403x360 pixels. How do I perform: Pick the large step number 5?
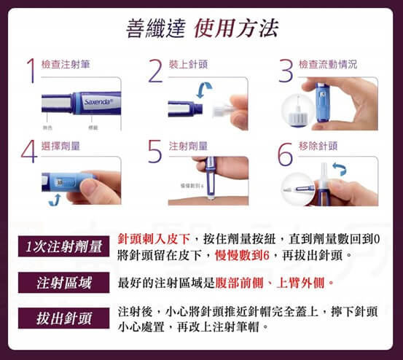(154, 152)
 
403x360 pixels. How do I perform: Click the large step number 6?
(286, 152)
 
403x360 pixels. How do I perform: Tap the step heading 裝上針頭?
(188, 65)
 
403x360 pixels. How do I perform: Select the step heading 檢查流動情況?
(328, 65)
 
